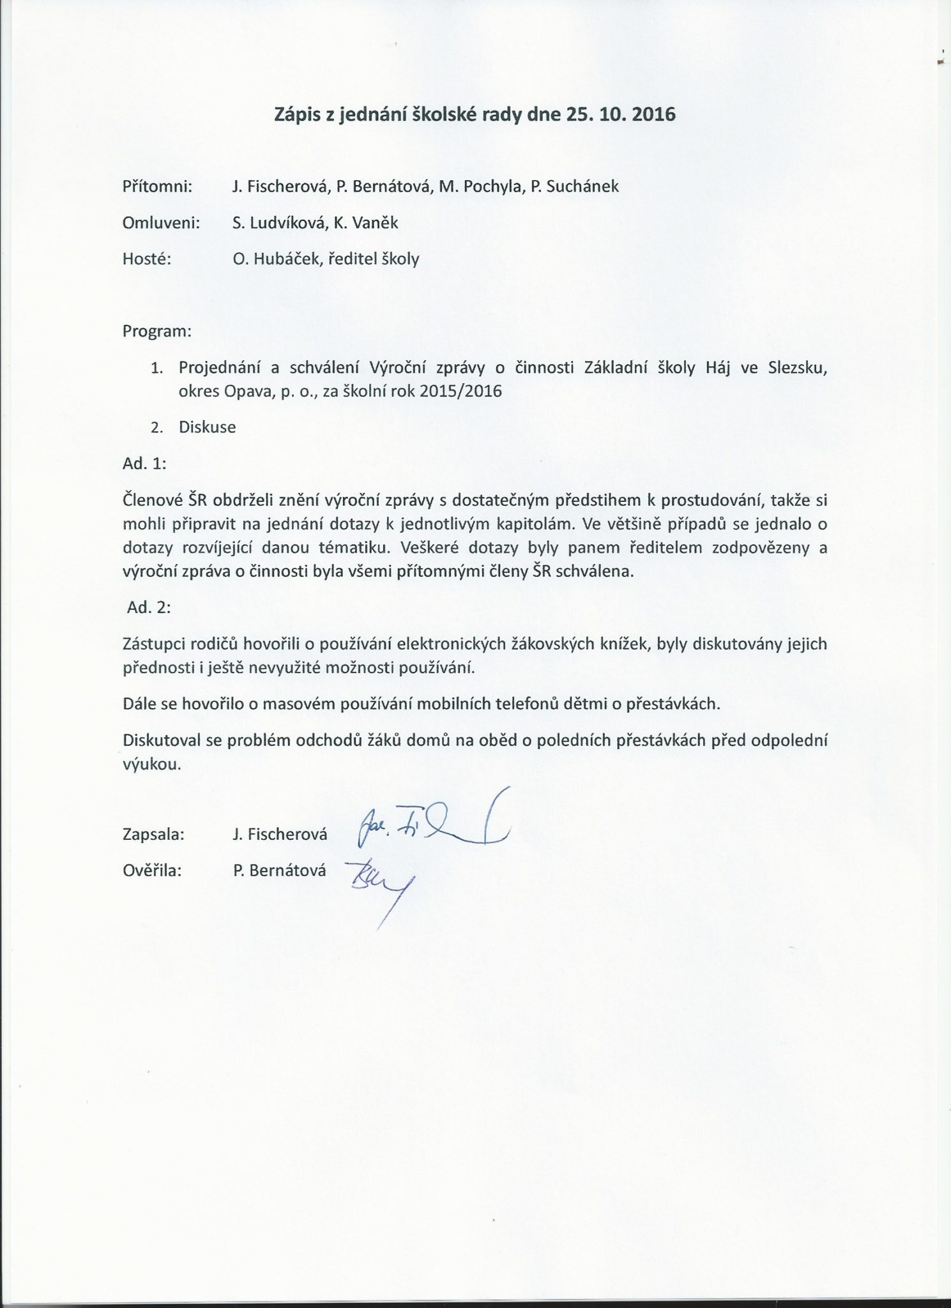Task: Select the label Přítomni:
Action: (x=157, y=186)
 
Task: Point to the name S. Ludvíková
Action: (x=275, y=222)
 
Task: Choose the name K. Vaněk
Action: (x=362, y=222)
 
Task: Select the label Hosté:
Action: (x=146, y=259)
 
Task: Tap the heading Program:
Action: (x=156, y=332)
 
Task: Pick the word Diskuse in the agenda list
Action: (x=208, y=427)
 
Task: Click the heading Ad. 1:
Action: (x=144, y=464)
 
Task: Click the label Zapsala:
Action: (x=153, y=834)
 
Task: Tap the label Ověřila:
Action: (x=152, y=870)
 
